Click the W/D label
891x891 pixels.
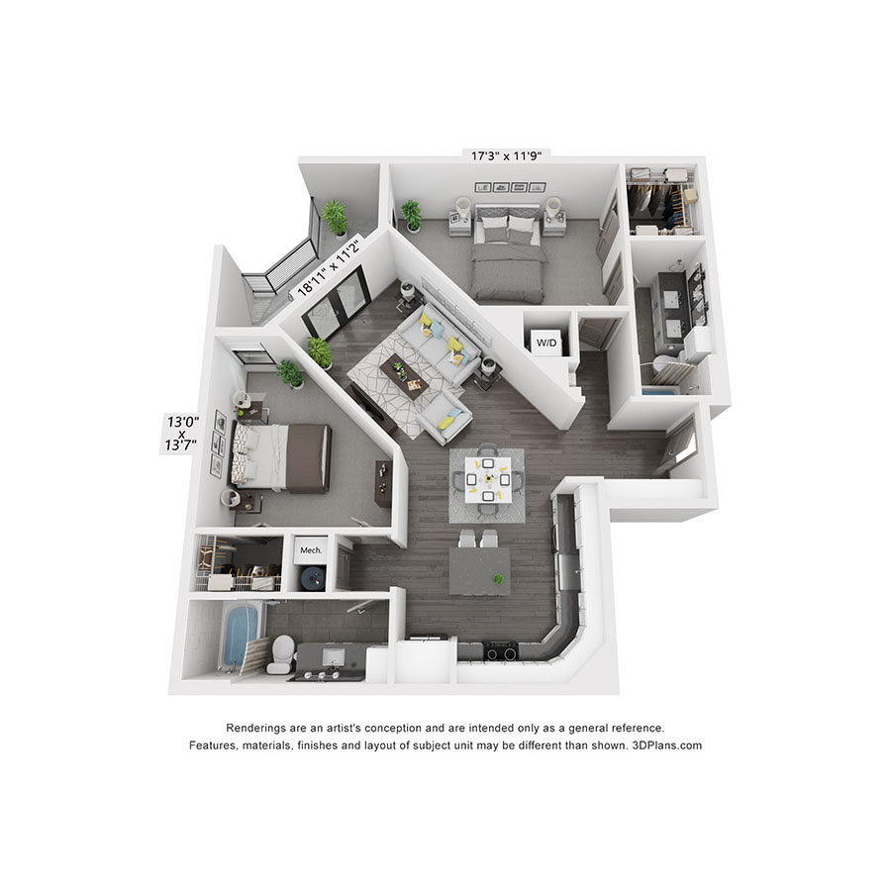pyautogui.click(x=546, y=343)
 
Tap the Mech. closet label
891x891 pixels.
pyautogui.click(x=311, y=550)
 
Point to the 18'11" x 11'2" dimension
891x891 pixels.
pyautogui.click(x=329, y=267)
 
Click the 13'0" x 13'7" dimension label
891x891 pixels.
pyautogui.click(x=182, y=433)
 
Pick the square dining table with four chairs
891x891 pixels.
pyautogui.click(x=487, y=479)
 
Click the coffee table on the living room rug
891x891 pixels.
pyautogui.click(x=404, y=377)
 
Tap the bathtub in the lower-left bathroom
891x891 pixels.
pyautogui.click(x=241, y=636)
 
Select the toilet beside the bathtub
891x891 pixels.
pyautogui.click(x=281, y=653)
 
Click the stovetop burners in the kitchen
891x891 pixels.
pyautogui.click(x=501, y=651)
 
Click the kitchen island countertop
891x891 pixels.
pyautogui.click(x=479, y=570)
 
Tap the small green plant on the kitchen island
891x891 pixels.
pyautogui.click(x=498, y=579)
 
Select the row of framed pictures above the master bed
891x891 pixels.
pyautogui.click(x=510, y=187)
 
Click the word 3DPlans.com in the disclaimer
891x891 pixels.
pyautogui.click(x=666, y=745)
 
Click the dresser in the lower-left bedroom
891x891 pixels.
pyautogui.click(x=383, y=484)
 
